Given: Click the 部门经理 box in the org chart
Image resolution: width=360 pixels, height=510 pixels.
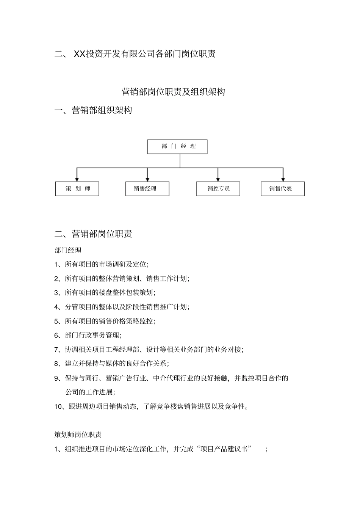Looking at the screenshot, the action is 177,147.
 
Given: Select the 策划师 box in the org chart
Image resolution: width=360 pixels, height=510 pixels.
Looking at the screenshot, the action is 77,189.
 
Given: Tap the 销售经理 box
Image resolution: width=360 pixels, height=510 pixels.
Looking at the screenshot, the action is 147,189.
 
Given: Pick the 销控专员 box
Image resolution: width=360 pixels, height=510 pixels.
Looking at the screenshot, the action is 218,189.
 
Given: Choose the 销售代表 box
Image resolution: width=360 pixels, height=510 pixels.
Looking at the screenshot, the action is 283,189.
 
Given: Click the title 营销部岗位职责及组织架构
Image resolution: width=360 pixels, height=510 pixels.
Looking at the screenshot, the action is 173,92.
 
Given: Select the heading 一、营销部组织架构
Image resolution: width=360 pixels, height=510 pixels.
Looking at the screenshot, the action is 93,111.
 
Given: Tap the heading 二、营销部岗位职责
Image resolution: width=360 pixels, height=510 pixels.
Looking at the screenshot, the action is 93,234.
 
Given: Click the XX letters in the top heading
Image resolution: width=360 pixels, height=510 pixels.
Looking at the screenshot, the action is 80,54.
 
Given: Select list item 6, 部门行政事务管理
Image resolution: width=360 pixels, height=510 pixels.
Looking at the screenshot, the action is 88,335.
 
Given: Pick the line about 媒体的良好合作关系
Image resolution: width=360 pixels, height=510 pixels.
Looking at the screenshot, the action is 112,364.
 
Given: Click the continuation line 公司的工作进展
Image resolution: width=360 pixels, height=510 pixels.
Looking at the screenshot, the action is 90,392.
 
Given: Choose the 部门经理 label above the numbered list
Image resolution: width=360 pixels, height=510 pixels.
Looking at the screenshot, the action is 68,250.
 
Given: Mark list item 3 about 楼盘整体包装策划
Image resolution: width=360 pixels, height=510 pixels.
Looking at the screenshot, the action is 105,293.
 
